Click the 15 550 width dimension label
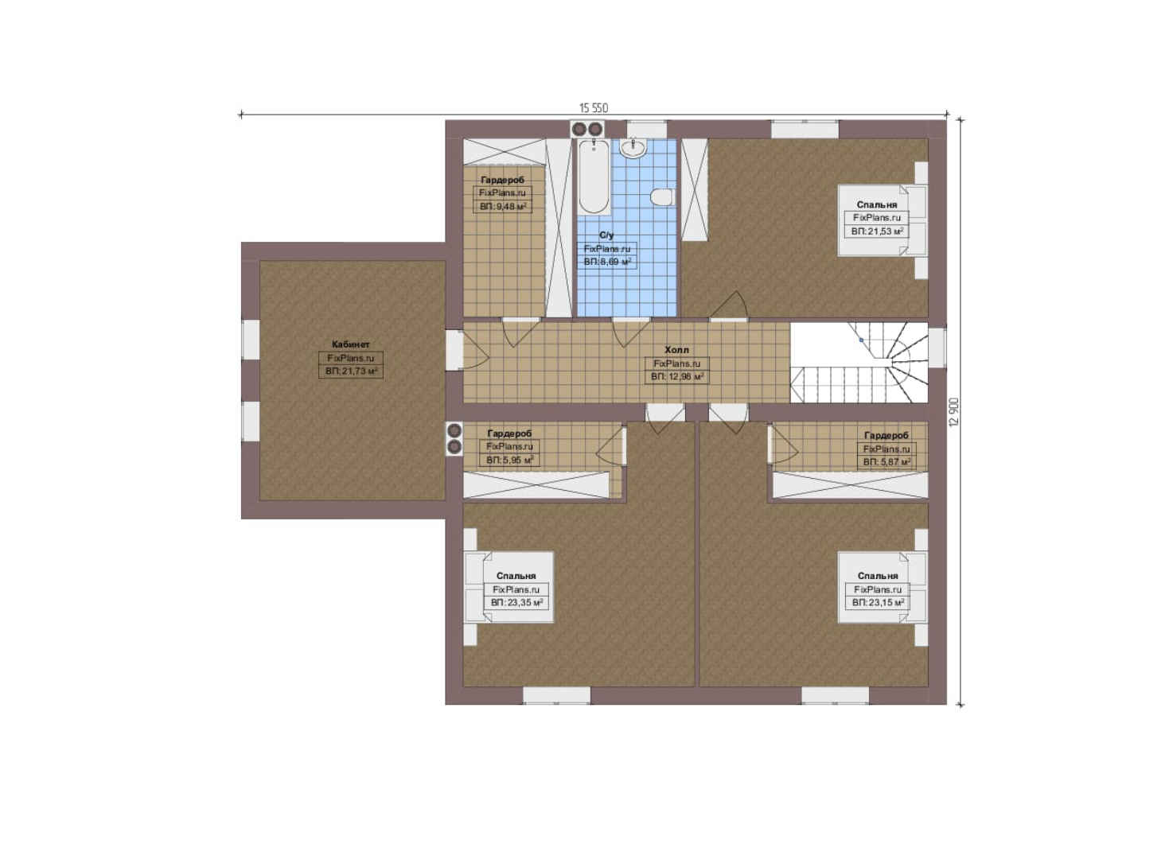(x=594, y=108)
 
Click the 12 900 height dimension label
(x=953, y=412)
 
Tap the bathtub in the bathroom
(x=594, y=176)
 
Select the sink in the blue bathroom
(x=633, y=147)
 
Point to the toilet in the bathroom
(x=661, y=197)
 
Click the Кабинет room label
(x=351, y=344)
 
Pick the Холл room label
(x=676, y=350)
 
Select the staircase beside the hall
(x=859, y=363)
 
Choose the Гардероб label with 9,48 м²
(x=502, y=180)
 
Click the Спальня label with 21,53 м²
(x=877, y=204)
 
